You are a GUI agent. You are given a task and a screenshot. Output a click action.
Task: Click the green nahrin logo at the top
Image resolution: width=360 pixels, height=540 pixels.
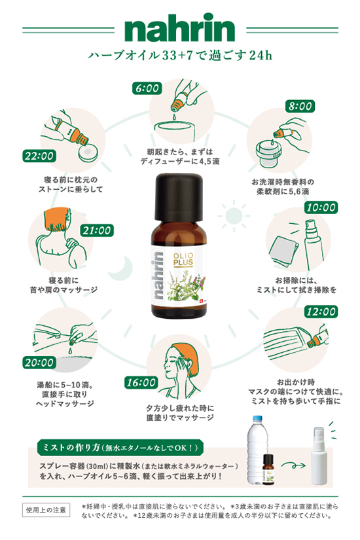179,27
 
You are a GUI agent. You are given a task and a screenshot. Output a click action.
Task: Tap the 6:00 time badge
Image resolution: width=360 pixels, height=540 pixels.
147,88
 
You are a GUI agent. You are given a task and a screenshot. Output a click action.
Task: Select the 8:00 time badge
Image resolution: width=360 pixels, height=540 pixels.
300,106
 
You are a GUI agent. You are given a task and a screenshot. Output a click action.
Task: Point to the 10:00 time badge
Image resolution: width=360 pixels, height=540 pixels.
321,207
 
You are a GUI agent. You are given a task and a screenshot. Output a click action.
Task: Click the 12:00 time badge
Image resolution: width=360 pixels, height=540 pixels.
321,312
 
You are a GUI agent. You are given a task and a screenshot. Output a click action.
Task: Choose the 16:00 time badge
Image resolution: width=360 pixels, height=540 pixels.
141,382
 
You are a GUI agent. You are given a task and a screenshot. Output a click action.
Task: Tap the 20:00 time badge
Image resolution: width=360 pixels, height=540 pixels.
39,363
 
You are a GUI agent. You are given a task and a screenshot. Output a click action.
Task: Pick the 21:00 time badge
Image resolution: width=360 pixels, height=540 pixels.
97,230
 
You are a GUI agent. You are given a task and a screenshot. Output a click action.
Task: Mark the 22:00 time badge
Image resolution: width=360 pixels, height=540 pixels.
39,156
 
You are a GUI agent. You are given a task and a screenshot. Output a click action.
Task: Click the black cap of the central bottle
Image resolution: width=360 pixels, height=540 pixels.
178,196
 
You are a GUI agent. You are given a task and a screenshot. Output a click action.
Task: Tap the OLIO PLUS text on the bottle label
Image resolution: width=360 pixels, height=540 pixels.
183,259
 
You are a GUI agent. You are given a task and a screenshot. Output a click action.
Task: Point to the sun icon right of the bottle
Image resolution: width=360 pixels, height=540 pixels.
234,216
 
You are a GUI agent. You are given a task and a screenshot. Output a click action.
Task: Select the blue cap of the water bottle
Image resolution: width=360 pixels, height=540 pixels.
257,420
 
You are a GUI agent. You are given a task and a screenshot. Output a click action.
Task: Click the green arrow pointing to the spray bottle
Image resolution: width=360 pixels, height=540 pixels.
293,465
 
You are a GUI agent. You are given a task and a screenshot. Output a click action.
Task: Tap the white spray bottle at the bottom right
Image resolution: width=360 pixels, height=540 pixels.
319,457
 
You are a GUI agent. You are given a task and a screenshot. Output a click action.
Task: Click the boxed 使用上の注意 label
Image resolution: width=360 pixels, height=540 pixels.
46,510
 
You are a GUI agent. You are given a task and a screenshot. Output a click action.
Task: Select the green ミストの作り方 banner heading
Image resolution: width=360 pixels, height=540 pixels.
120,447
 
